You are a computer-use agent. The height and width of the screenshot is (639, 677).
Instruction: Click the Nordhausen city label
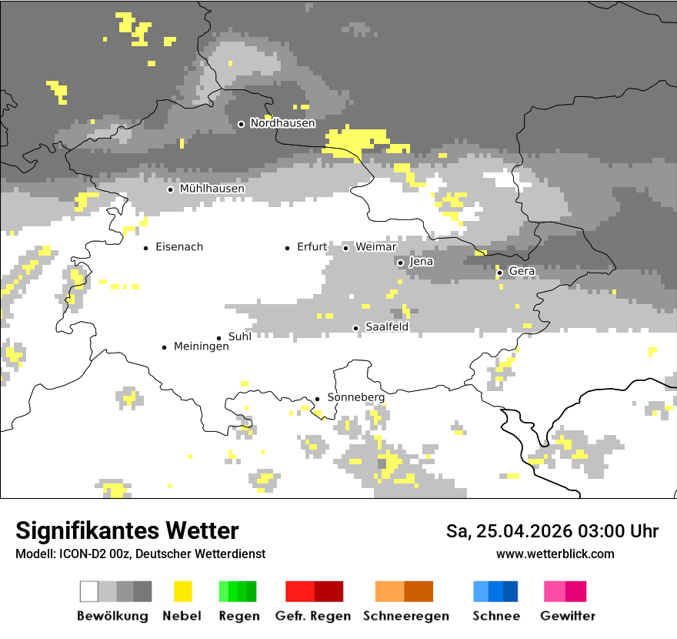[x=282, y=123]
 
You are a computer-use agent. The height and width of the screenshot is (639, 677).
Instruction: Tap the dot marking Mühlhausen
[x=171, y=189]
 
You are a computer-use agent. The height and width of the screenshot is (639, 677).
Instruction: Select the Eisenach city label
[x=179, y=247]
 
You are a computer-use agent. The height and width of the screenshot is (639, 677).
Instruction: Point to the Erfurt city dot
[x=288, y=248]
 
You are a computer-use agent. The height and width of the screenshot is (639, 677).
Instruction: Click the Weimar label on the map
[x=376, y=247]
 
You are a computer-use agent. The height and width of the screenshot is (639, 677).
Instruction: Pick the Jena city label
[x=422, y=262]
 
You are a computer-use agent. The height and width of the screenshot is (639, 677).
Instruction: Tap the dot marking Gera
[x=499, y=273]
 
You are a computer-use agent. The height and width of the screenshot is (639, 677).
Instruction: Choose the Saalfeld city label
[x=386, y=327]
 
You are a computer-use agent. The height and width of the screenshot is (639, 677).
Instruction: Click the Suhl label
[x=240, y=336]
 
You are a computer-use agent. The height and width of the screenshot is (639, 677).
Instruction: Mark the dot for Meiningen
[x=164, y=347]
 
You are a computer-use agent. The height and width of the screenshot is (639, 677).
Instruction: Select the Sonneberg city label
[x=356, y=397]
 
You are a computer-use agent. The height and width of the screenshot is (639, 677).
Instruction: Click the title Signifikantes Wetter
[x=127, y=531]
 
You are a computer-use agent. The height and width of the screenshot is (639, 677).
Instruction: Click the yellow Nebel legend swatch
[x=182, y=591]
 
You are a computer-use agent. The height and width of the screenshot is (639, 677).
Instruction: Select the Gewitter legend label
[x=568, y=616]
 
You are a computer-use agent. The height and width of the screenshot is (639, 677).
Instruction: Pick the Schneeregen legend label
[x=406, y=616]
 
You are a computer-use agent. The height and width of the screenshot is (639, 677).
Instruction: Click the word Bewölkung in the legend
[x=112, y=616]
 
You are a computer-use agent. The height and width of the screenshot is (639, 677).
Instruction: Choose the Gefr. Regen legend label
[x=313, y=616]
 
